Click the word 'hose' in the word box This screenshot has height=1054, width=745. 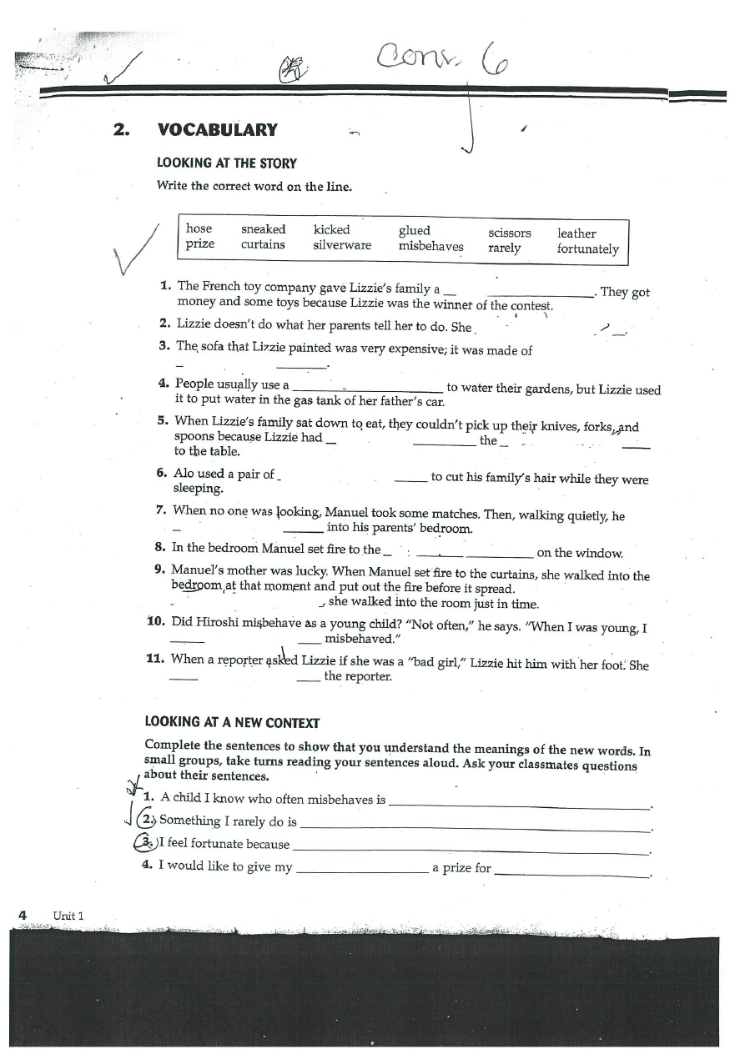(x=199, y=228)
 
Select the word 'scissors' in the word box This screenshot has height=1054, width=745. (x=509, y=233)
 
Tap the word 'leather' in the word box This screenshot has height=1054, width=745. (x=576, y=233)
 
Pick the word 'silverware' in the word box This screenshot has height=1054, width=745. (x=342, y=245)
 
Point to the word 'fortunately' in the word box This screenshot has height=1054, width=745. (x=588, y=249)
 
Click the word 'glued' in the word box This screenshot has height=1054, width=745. (x=415, y=230)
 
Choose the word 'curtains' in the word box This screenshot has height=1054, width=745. (x=263, y=244)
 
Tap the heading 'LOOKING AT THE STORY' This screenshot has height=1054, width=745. (x=226, y=164)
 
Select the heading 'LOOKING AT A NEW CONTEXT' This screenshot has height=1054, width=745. (x=232, y=722)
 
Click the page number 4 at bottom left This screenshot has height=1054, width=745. (x=23, y=915)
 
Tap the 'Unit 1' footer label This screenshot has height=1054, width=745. (x=68, y=916)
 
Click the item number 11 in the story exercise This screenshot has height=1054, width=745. (x=154, y=659)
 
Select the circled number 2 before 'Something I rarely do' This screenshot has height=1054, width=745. (x=147, y=820)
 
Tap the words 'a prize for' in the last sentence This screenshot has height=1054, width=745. (x=461, y=868)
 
